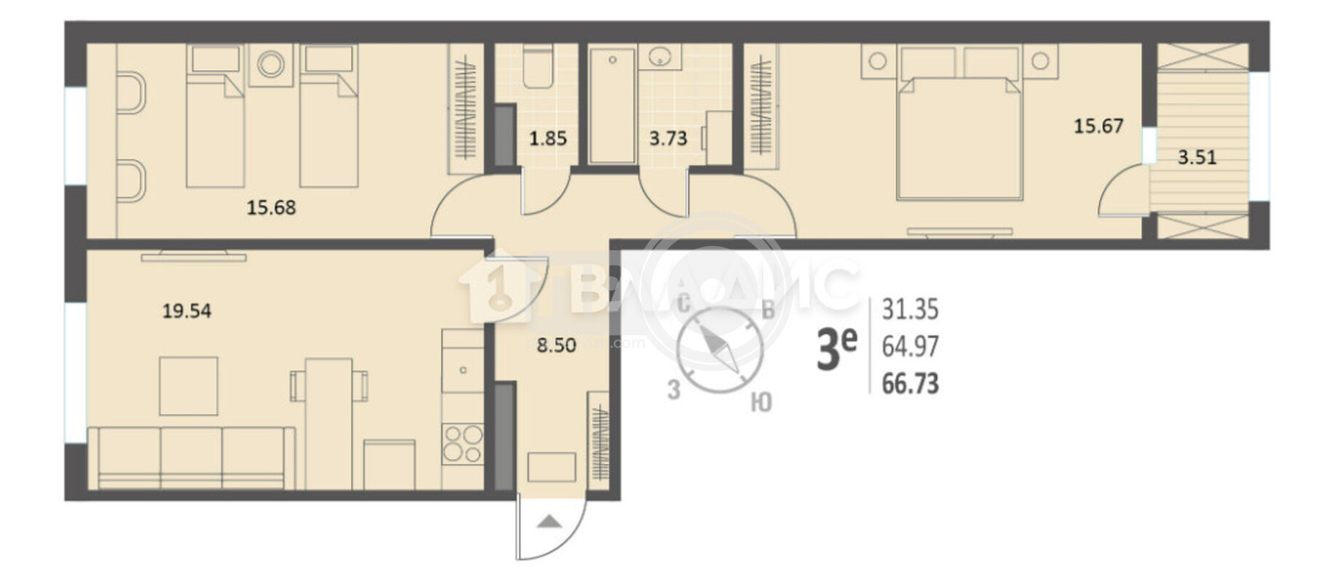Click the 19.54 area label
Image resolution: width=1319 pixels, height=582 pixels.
(x=186, y=311)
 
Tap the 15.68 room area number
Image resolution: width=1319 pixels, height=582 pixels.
(x=271, y=208)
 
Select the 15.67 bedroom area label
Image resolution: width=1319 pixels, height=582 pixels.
(x=1098, y=126)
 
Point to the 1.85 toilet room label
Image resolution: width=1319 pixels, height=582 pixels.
(x=547, y=138)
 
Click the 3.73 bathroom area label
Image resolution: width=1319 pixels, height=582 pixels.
(x=668, y=138)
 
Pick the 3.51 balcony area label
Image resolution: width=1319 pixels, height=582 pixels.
(x=1197, y=157)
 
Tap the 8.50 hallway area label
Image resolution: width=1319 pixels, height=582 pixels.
(x=556, y=346)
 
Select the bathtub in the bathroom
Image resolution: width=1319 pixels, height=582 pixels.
(x=612, y=105)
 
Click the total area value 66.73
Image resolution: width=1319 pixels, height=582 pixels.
(x=910, y=383)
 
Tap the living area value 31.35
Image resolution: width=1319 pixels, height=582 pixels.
(x=910, y=310)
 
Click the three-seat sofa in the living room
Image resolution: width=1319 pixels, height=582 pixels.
(x=191, y=458)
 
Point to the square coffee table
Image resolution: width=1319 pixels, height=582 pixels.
(x=189, y=386)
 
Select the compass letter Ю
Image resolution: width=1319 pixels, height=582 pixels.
(x=761, y=402)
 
